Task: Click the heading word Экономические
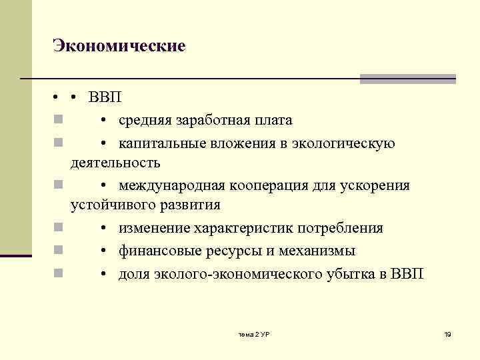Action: [x=119, y=46]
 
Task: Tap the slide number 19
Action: [x=447, y=333]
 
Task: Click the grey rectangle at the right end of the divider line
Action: [x=407, y=79]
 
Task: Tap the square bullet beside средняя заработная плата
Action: [x=59, y=121]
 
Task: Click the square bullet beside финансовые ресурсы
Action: [x=59, y=251]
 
